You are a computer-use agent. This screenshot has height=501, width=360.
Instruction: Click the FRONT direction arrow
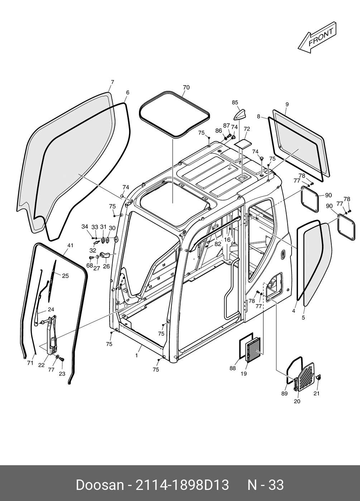click(x=317, y=38)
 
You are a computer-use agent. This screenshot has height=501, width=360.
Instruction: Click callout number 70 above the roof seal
click(x=186, y=88)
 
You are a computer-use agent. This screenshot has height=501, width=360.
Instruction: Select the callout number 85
click(x=235, y=103)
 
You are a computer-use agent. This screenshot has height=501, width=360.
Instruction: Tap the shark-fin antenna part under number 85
click(x=240, y=115)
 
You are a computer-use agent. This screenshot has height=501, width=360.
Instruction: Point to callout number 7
click(x=112, y=82)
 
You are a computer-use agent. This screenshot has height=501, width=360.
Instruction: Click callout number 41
click(x=70, y=245)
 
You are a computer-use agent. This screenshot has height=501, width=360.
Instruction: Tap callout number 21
click(x=316, y=393)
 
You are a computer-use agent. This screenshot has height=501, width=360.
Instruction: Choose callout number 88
click(x=233, y=368)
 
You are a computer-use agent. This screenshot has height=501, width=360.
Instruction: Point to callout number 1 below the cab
click(x=136, y=355)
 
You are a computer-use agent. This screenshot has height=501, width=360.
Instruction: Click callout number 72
click(x=247, y=129)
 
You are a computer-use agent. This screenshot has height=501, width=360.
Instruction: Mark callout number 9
click(x=287, y=104)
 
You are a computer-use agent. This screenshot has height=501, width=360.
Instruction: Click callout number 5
click(x=303, y=317)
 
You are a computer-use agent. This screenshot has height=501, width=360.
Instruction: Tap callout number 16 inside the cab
click(x=227, y=240)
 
